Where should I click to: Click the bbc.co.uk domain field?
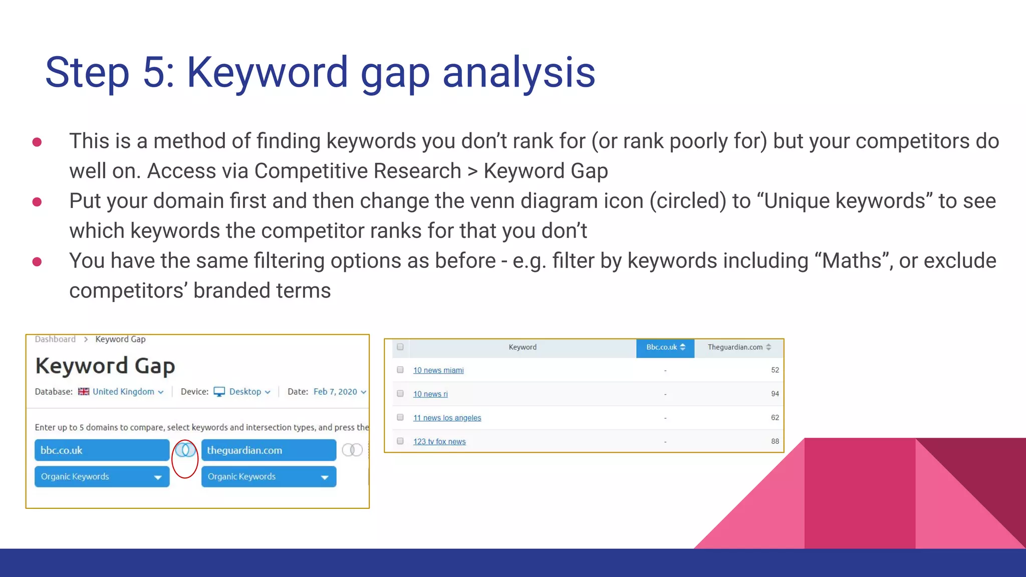click(102, 450)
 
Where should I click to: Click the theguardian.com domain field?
click(269, 450)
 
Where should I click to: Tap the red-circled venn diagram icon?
click(185, 450)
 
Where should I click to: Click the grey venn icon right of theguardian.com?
click(352, 450)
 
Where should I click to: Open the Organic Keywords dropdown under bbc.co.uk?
click(102, 476)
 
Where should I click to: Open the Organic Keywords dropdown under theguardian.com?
click(269, 476)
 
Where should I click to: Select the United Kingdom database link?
click(123, 392)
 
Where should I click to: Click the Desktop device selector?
click(245, 392)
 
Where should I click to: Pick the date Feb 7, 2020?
click(336, 392)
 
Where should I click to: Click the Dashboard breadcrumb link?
click(55, 339)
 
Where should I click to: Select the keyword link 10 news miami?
click(438, 370)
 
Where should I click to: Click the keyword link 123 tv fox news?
click(439, 441)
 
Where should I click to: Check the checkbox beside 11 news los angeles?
click(400, 417)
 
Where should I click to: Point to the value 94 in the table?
click(775, 394)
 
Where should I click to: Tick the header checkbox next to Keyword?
click(400, 347)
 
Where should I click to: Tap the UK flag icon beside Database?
click(84, 392)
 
